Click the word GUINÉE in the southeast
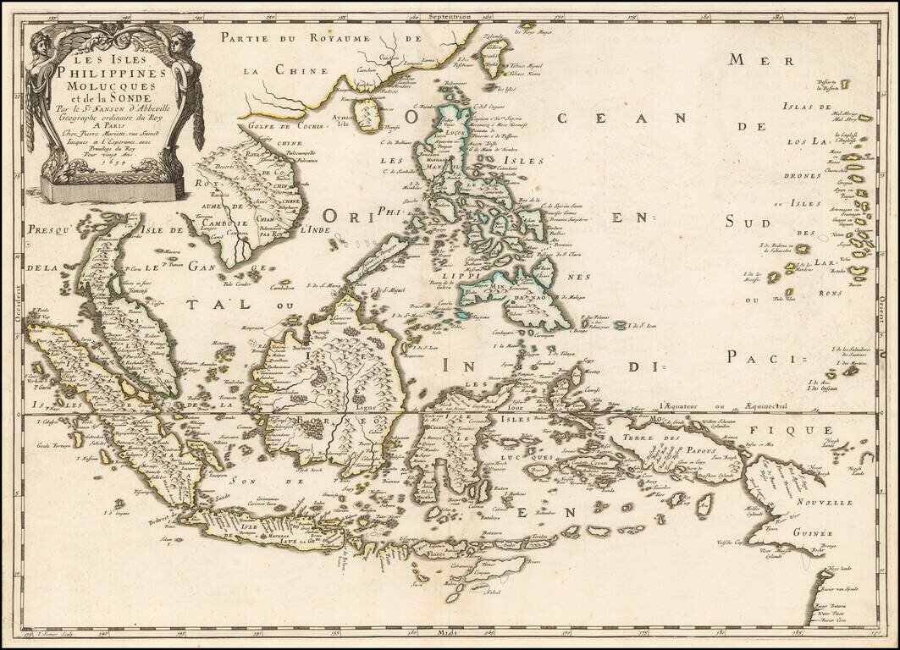pyautogui.click(x=814, y=533)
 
